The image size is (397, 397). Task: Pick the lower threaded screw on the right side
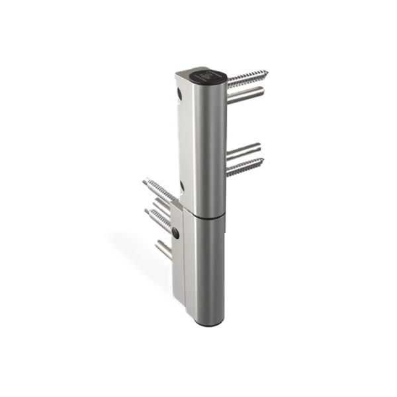[245, 166]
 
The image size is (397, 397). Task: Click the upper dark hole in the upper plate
[179, 95]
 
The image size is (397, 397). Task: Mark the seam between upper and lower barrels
[205, 214]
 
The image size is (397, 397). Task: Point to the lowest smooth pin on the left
[163, 250]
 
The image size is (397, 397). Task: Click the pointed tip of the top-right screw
[266, 71]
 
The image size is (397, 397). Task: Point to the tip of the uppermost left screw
[144, 180]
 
